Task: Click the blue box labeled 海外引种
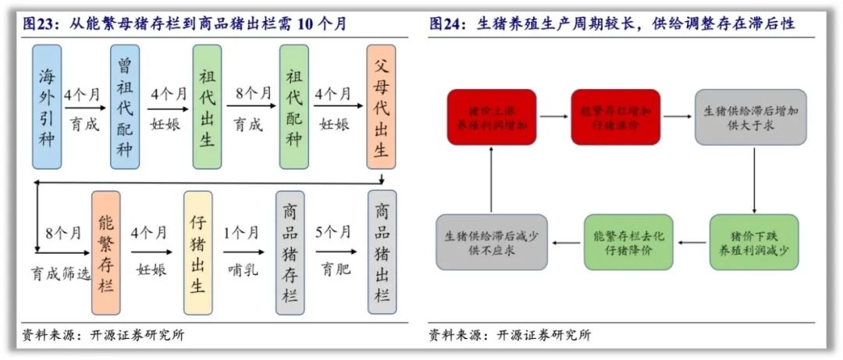[47, 107]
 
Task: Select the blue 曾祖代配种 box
[125, 107]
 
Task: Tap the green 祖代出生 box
[207, 107]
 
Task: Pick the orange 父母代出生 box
[381, 107]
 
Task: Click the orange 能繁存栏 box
[105, 252]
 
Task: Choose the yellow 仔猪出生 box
[198, 252]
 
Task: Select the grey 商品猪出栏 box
[382, 252]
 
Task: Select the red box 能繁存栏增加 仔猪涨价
[615, 117]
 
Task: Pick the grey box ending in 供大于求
[750, 117]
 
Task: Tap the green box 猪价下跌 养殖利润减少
[754, 242]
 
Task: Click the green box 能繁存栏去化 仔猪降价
[628, 242]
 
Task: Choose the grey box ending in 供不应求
[492, 242]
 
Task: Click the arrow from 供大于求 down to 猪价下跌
[754, 180]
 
